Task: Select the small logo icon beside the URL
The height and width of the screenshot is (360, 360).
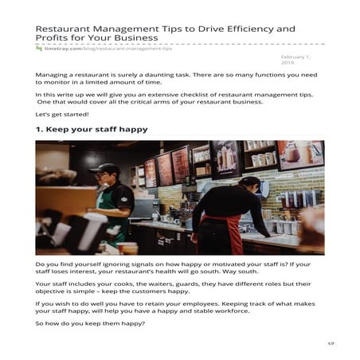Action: click(38, 48)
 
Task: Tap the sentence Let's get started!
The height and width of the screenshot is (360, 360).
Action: click(62, 114)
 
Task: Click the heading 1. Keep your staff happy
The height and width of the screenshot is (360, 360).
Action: click(91, 129)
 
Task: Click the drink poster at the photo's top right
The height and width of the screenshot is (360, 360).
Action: click(299, 155)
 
